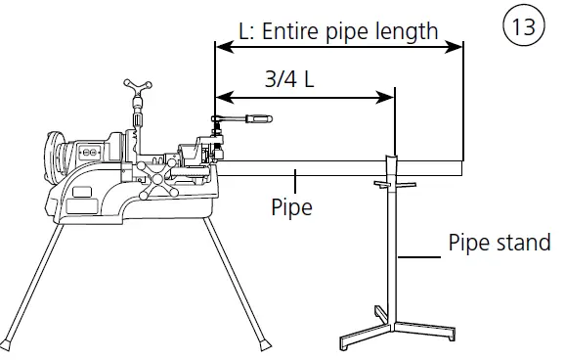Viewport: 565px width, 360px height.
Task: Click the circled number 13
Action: pyautogui.click(x=524, y=26)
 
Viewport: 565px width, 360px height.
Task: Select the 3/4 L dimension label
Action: pyautogui.click(x=289, y=79)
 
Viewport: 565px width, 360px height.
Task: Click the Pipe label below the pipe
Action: pyautogui.click(x=291, y=207)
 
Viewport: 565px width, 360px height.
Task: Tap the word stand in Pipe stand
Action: pyautogui.click(x=524, y=242)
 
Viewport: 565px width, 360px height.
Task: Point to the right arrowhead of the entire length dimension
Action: pyautogui.click(x=454, y=47)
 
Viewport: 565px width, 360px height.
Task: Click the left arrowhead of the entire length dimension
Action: pyautogui.click(x=225, y=47)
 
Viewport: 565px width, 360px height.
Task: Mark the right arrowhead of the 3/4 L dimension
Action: pyautogui.click(x=385, y=97)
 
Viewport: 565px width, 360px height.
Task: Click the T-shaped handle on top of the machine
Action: pyautogui.click(x=138, y=85)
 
